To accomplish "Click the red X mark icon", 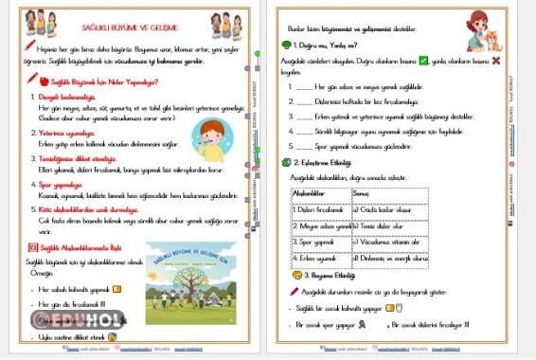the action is tap(495, 60).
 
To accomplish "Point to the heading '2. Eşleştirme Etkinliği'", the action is tap(331, 162).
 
